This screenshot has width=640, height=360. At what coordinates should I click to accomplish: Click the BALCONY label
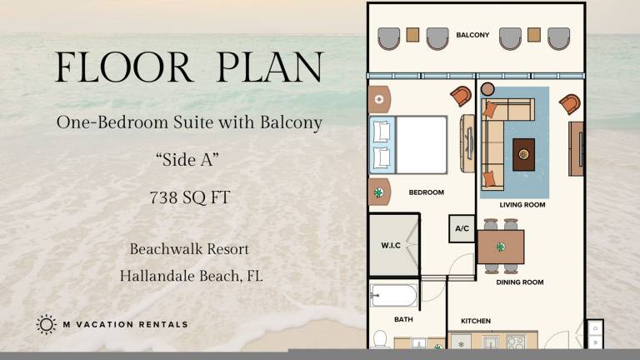(x=472, y=35)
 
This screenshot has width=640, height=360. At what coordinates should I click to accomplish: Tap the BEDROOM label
(x=427, y=192)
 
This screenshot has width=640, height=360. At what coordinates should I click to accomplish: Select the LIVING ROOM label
(x=522, y=205)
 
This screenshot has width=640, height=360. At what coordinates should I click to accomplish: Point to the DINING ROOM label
(x=520, y=282)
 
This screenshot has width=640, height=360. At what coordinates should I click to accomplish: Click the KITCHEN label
(x=476, y=321)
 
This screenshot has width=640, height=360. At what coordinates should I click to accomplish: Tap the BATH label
(x=403, y=320)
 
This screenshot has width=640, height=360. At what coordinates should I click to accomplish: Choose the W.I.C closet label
(x=391, y=245)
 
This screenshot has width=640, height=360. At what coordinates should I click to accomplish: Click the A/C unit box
(x=462, y=228)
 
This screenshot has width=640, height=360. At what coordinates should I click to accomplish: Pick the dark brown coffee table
(x=523, y=155)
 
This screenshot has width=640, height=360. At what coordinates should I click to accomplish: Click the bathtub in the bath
(x=393, y=295)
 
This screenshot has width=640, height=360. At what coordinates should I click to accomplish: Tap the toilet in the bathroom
(x=380, y=339)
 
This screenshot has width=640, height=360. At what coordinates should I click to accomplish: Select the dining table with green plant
(x=501, y=247)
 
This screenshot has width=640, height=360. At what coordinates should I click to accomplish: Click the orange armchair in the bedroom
(x=462, y=96)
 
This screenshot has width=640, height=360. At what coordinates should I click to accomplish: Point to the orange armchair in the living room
(x=570, y=103)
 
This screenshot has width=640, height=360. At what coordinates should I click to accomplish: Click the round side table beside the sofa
(x=487, y=89)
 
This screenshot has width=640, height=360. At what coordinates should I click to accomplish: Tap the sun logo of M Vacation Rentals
(x=46, y=324)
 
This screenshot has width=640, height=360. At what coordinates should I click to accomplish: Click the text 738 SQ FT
(x=190, y=197)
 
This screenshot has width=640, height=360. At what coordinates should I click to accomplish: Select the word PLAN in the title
(x=270, y=67)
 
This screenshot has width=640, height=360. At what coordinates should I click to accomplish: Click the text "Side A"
(x=187, y=160)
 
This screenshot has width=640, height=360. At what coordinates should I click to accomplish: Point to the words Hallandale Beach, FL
(x=191, y=277)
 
